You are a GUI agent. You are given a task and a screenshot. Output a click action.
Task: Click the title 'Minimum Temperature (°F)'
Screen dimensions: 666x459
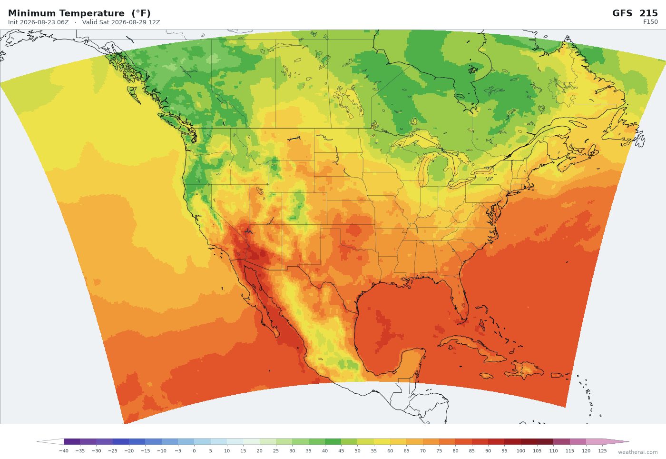[x=79, y=13]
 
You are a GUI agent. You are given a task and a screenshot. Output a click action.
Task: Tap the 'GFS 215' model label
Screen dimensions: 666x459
[x=635, y=13]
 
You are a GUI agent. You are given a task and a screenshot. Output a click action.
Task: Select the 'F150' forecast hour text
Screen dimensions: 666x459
[x=651, y=22]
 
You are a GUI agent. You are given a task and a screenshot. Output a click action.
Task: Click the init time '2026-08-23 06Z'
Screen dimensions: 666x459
[x=44, y=22]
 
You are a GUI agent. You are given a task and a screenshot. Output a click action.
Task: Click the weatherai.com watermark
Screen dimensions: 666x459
[x=638, y=452]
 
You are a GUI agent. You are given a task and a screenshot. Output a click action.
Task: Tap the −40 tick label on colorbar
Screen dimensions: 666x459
[x=64, y=451]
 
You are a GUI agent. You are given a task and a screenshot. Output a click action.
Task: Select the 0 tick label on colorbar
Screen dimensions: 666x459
[x=194, y=451]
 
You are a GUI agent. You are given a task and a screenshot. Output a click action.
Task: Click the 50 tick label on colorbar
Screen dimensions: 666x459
[x=357, y=451]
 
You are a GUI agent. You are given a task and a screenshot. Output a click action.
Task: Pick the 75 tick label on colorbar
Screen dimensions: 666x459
[x=439, y=451]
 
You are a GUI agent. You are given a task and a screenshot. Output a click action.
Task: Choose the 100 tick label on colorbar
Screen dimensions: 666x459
[x=520, y=451]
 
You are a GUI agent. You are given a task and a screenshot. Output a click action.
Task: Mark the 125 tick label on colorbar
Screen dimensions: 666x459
[x=602, y=451]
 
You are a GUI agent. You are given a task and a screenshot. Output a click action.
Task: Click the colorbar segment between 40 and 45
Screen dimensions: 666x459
[x=333, y=442]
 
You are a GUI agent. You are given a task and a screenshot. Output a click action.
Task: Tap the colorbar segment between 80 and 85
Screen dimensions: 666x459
[x=463, y=442]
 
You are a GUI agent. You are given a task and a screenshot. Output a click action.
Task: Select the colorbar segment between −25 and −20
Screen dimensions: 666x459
[x=121, y=442]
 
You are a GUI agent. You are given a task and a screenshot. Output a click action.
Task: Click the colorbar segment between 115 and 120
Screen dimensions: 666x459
[x=578, y=442]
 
